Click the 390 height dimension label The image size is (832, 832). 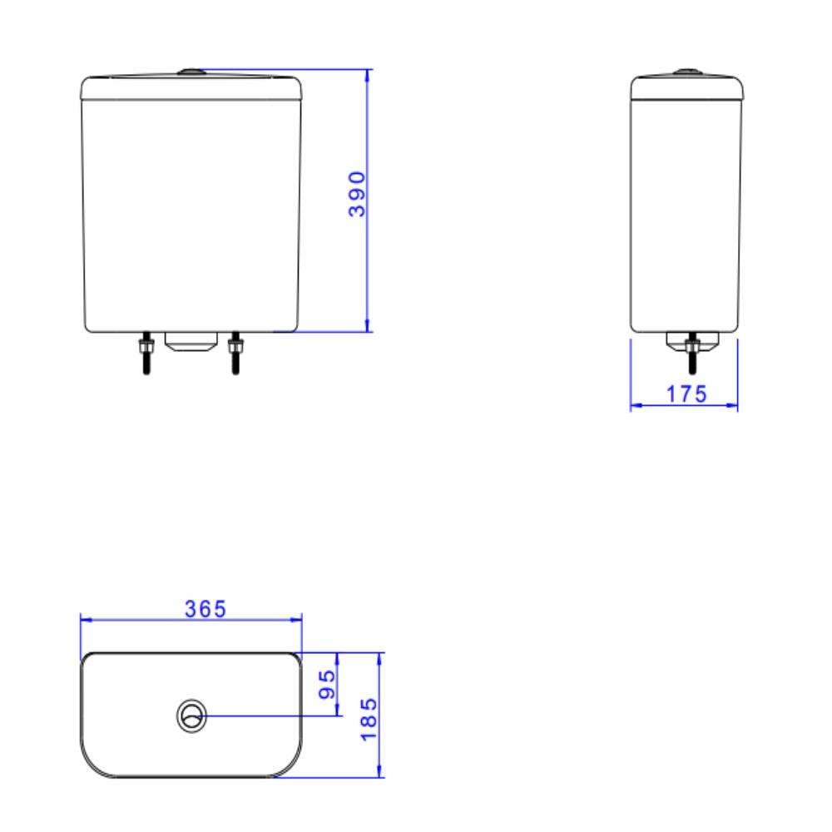click(357, 194)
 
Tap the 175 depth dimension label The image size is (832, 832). click(686, 394)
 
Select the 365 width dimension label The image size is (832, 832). click(205, 609)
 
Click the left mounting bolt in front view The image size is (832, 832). click(146, 353)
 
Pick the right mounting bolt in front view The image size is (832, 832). click(235, 353)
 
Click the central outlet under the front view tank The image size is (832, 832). click(191, 341)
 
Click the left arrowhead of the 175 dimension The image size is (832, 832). click(635, 406)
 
